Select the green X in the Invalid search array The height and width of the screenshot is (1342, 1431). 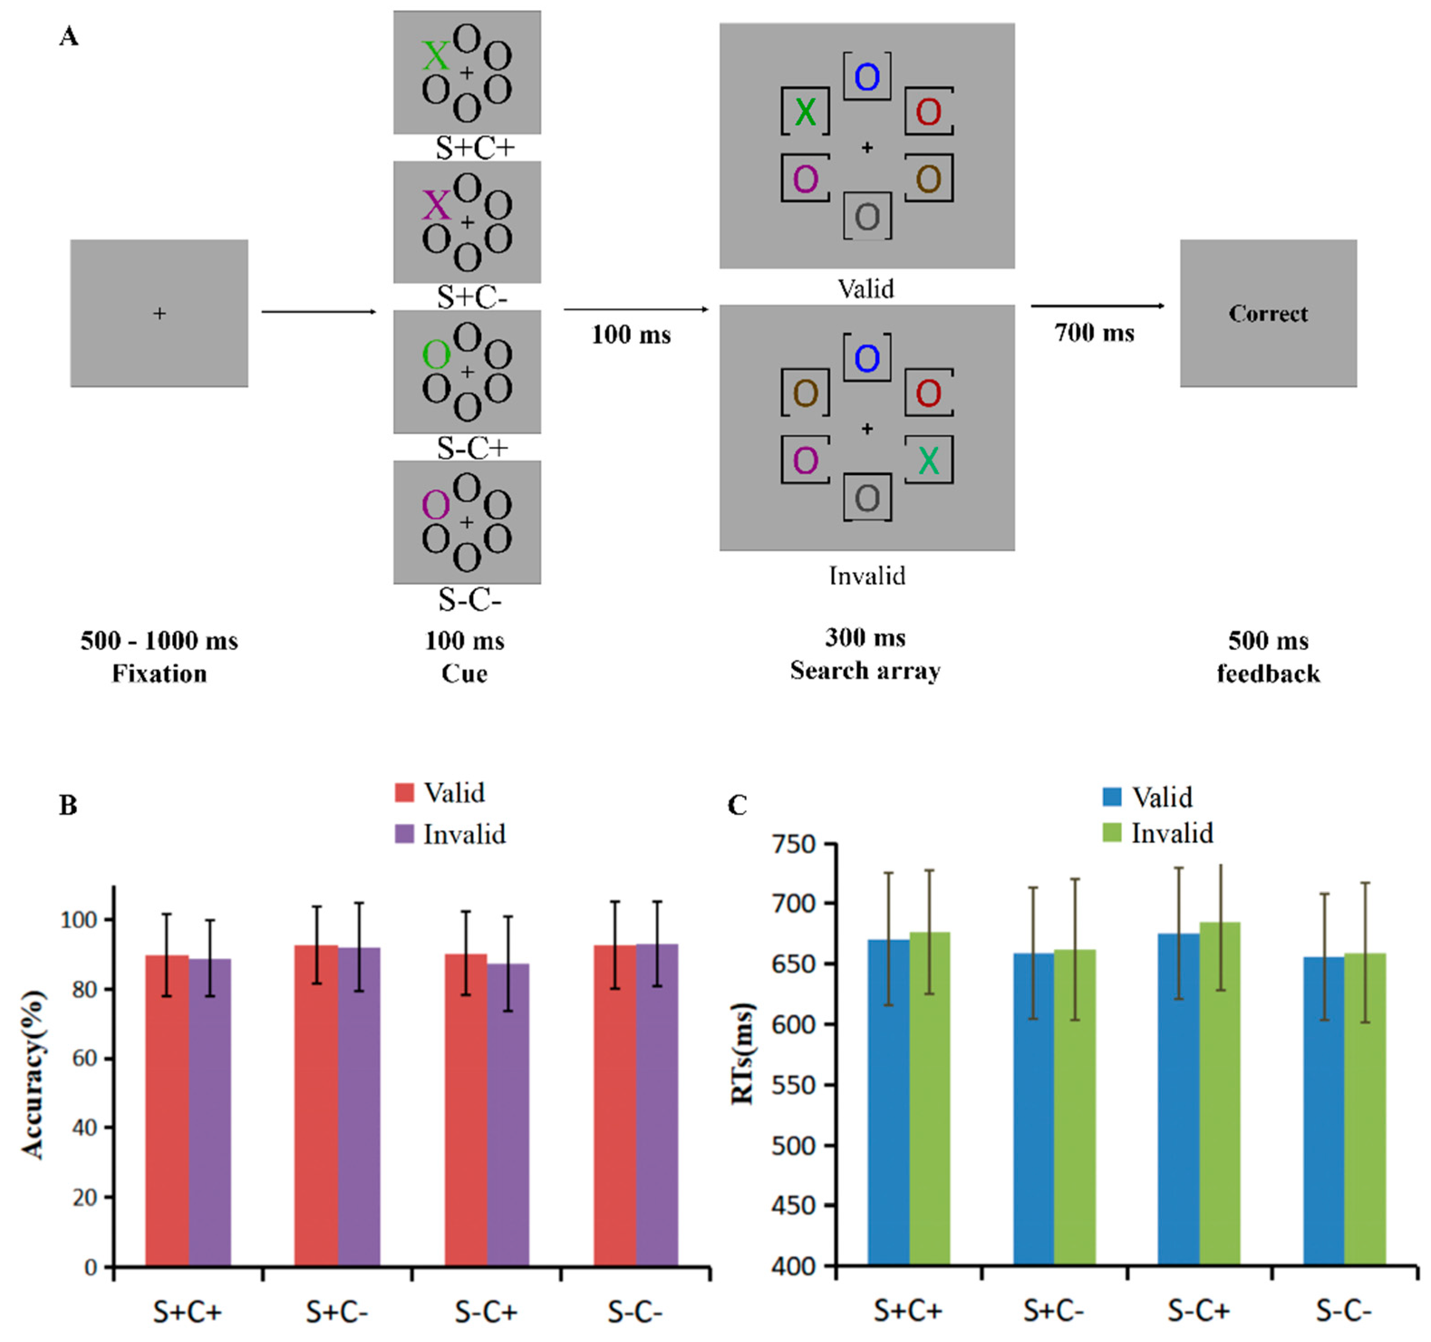coord(928,460)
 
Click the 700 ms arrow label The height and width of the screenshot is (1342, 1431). coord(1094,333)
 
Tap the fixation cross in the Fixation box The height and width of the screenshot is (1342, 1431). coord(159,313)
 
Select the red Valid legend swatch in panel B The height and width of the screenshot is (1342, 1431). coord(405,793)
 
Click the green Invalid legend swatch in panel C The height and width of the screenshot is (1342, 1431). coord(1112,833)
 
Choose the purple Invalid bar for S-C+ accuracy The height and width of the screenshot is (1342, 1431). coord(508,1116)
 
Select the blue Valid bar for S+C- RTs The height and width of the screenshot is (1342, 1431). coord(1034,1109)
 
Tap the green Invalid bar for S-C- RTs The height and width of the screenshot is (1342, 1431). coord(1365,1109)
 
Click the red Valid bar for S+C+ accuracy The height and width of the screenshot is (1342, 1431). coord(167,1112)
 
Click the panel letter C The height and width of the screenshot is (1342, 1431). coord(737,805)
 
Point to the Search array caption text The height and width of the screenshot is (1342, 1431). coord(865,670)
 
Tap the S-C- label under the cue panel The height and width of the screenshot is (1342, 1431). coord(469,599)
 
